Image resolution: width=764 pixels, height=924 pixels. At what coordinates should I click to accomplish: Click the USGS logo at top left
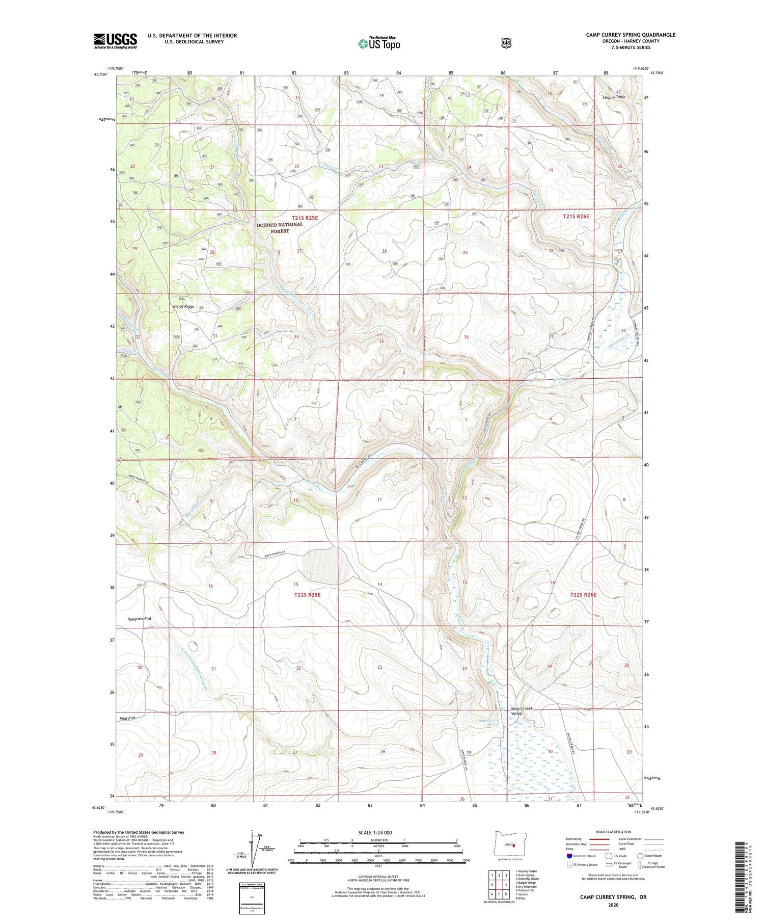coord(115,41)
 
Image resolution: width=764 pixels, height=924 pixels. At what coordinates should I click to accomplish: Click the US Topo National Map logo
coord(379,43)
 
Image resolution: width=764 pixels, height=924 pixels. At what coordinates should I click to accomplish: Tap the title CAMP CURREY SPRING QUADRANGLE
coord(631,35)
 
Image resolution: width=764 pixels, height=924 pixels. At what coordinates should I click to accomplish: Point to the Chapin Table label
coord(614,97)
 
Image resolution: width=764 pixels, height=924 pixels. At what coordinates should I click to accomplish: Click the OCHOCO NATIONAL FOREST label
coord(280,227)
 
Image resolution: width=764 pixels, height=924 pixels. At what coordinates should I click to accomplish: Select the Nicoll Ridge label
coord(184,307)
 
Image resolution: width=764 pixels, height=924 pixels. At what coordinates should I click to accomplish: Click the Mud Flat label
coord(127,718)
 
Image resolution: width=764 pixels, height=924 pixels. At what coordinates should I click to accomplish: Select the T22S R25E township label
coord(308,595)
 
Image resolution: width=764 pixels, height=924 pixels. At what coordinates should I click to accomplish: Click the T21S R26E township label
coord(576,217)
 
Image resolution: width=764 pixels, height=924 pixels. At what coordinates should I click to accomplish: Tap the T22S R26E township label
coord(583,595)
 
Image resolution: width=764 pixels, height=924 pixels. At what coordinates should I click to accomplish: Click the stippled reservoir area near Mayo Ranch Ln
coord(326,566)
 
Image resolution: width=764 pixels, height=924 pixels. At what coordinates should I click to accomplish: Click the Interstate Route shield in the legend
coord(569,856)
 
